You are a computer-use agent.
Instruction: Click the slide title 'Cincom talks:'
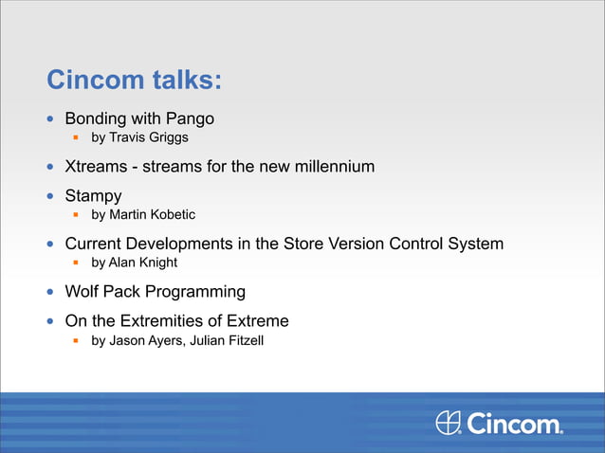(x=135, y=81)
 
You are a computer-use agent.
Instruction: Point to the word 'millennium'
(x=333, y=167)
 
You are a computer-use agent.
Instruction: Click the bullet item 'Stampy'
(x=93, y=197)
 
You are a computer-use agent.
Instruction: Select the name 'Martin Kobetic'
(x=153, y=215)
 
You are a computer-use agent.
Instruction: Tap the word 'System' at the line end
(x=475, y=244)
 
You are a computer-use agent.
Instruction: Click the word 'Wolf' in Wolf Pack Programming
(x=82, y=292)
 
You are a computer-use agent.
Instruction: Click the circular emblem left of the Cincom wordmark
(x=449, y=424)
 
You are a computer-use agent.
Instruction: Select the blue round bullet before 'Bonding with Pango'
(x=52, y=120)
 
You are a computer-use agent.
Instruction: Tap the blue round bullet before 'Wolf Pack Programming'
(x=52, y=292)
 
